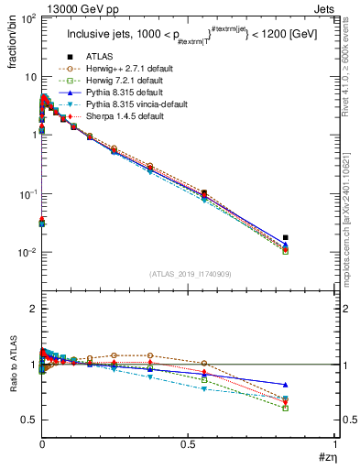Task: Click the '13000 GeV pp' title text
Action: coord(68,7)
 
